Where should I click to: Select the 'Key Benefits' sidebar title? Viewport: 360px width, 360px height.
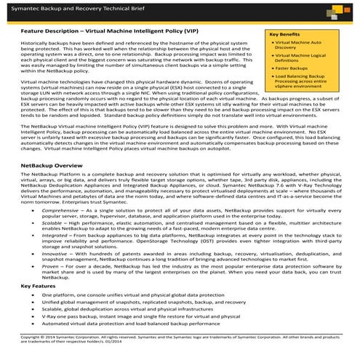point(285,34)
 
